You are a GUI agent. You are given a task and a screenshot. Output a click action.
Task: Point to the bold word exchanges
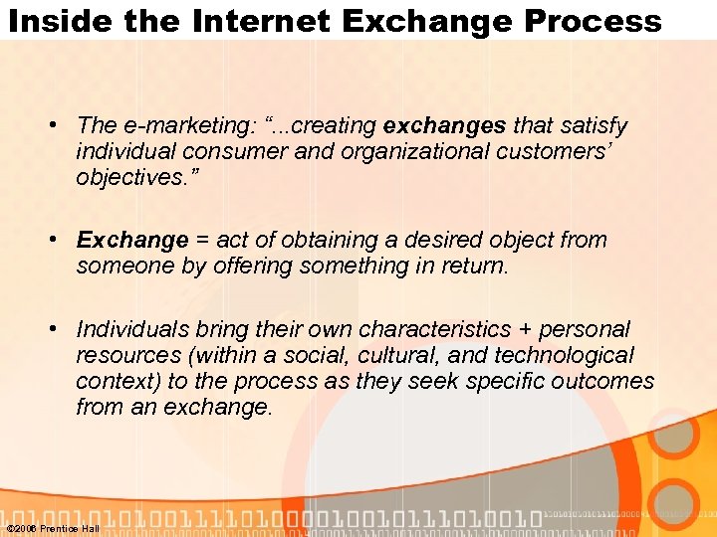point(445,126)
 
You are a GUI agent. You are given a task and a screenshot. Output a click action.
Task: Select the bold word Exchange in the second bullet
point(132,241)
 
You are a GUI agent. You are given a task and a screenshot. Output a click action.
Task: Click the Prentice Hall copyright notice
point(53,528)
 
